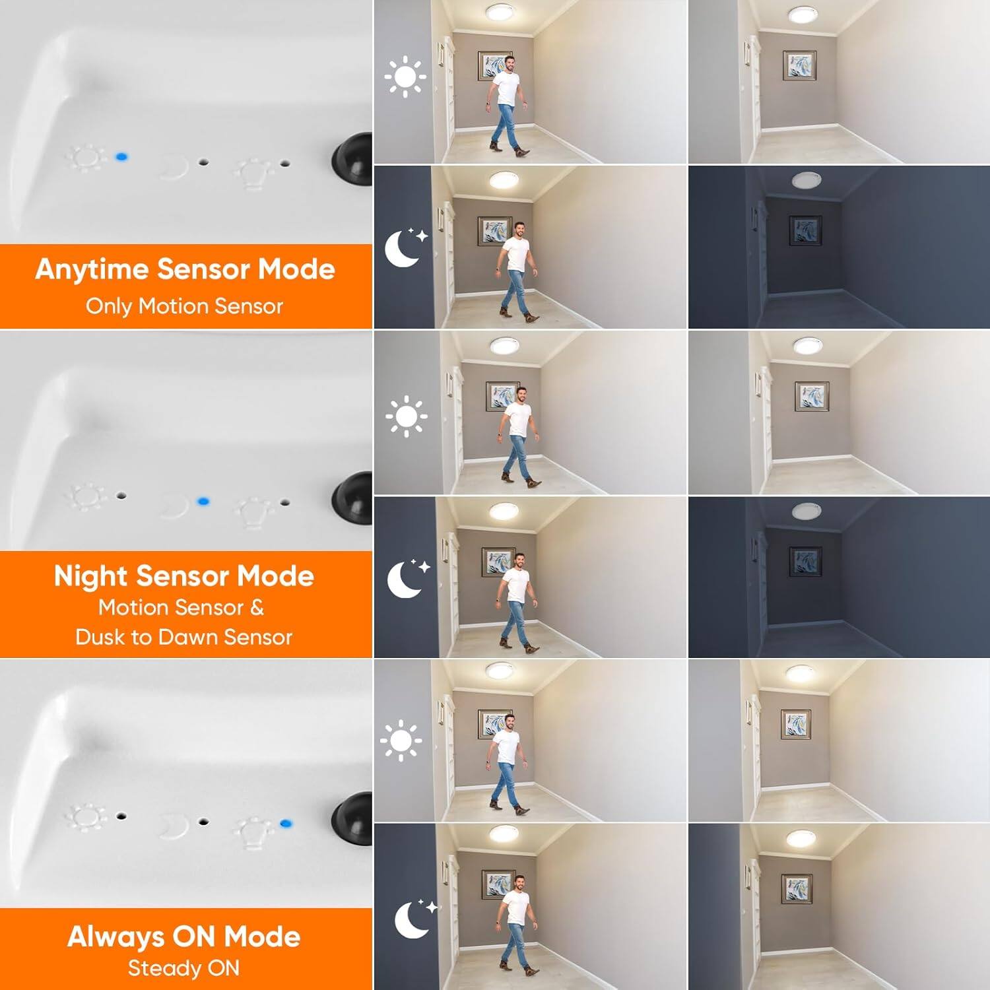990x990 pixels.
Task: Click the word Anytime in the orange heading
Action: tap(92, 270)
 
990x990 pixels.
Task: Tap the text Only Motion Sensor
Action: tap(184, 306)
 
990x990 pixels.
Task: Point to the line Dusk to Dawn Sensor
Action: tap(183, 637)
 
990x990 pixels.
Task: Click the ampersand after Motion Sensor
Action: tap(257, 607)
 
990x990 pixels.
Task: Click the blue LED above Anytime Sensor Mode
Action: tap(121, 157)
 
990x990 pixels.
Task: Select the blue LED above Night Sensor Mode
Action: tap(203, 502)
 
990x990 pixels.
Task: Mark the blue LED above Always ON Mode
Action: tap(286, 823)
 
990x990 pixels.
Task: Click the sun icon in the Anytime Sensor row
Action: tap(405, 77)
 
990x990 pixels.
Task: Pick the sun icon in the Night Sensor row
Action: tap(406, 416)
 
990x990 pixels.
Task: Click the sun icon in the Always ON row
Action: tap(401, 741)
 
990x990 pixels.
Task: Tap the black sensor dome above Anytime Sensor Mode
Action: tap(353, 160)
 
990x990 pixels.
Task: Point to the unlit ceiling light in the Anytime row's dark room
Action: tap(805, 179)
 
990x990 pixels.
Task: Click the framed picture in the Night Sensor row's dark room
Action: tap(805, 562)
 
